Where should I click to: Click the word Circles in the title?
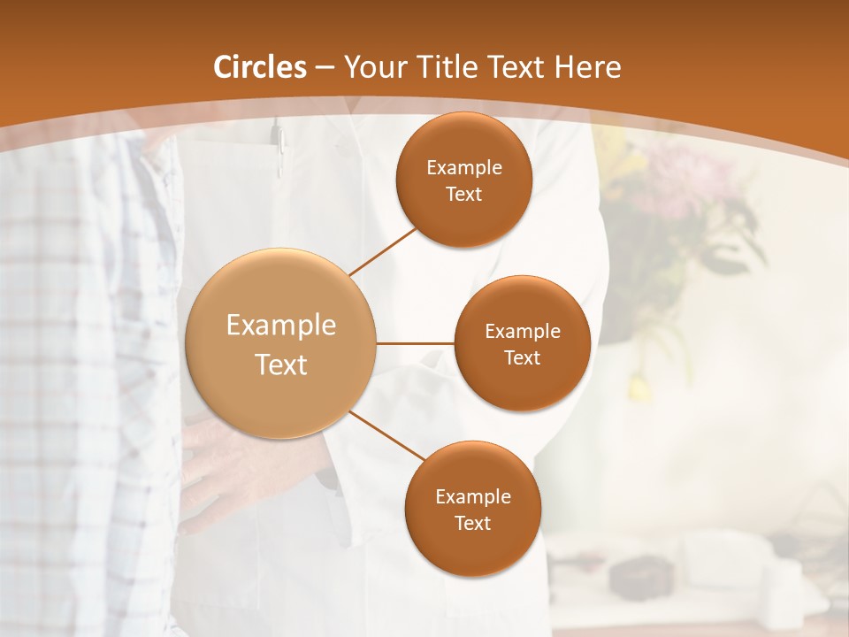click(259, 67)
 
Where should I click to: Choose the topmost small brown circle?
click(463, 180)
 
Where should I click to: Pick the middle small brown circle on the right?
click(522, 343)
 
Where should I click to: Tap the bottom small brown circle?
click(472, 509)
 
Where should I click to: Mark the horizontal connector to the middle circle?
click(415, 343)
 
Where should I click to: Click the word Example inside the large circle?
click(281, 326)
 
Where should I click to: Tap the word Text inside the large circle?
click(281, 365)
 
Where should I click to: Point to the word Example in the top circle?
click(463, 167)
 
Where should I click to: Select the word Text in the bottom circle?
click(472, 523)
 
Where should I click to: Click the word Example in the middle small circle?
click(522, 331)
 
